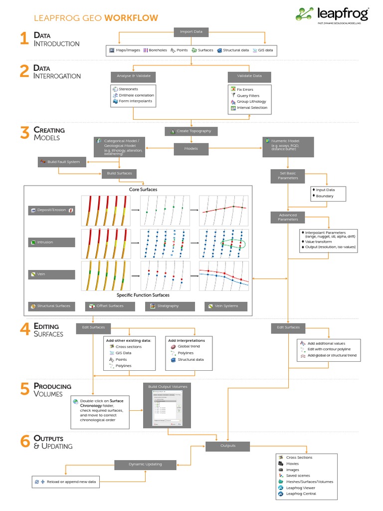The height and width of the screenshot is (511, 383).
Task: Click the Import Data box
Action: [191, 32]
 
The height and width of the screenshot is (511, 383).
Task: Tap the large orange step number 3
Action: [24, 133]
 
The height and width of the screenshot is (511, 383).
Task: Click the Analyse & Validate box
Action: [133, 76]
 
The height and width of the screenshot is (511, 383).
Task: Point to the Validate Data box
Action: [249, 76]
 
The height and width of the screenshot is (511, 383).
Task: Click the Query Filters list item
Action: [248, 95]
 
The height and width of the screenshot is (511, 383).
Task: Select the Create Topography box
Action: [191, 131]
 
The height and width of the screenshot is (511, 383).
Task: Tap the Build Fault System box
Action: [62, 162]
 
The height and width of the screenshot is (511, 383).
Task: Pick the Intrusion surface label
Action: [52, 243]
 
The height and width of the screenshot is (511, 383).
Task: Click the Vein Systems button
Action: [226, 306]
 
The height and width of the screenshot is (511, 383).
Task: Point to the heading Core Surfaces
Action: [143, 190]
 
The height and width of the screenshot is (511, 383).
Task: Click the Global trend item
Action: [189, 346]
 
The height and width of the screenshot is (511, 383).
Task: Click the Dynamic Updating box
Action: [146, 464]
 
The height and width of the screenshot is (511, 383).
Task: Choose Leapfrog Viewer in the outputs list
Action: [301, 488]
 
